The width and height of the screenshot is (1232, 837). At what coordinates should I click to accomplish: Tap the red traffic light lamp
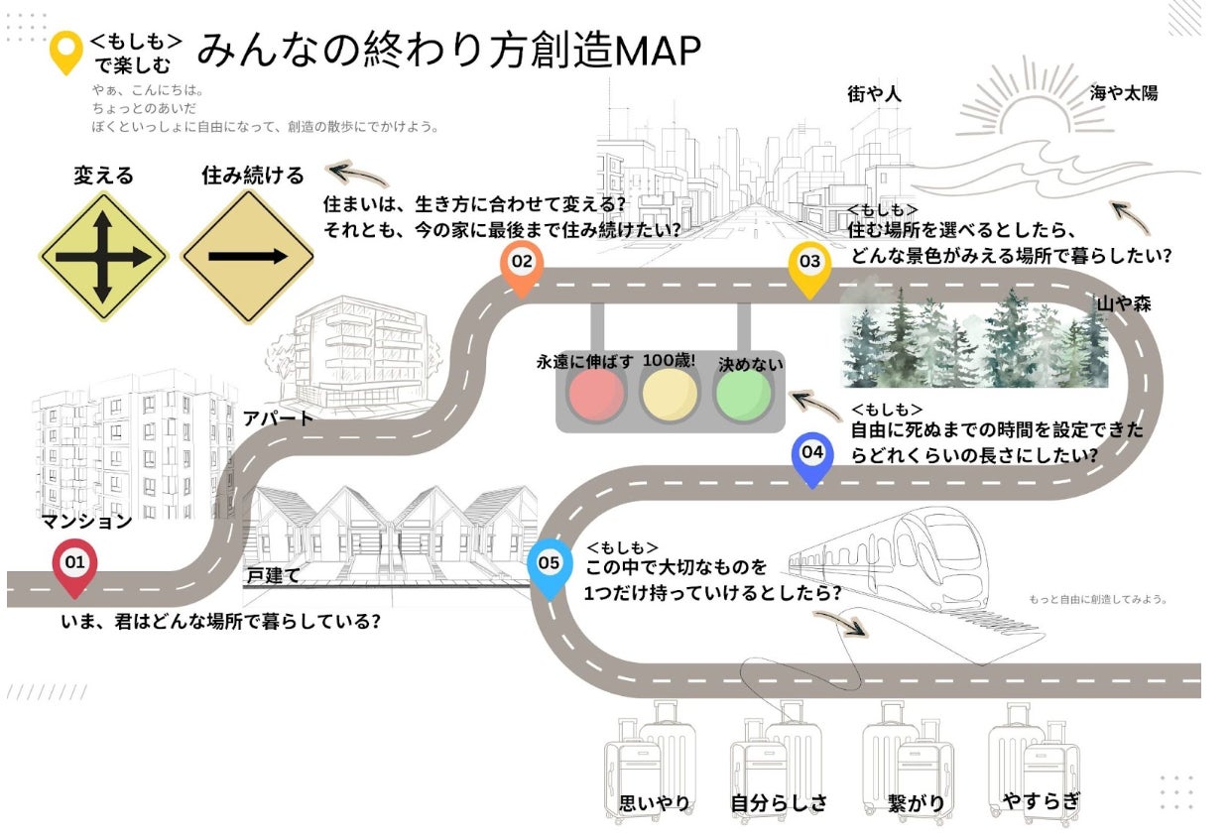pos(595,394)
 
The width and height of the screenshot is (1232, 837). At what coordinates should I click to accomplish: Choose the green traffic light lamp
pos(743,394)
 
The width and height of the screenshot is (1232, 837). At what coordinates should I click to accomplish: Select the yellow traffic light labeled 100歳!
pos(670,394)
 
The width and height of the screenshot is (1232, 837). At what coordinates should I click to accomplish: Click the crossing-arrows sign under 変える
pos(103,257)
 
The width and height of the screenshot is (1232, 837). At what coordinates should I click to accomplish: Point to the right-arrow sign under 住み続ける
pos(247,257)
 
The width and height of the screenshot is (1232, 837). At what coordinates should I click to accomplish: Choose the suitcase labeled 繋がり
pos(904,759)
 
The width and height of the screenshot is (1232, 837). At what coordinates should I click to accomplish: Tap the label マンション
pos(86,522)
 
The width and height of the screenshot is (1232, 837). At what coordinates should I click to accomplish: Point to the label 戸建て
pos(273,575)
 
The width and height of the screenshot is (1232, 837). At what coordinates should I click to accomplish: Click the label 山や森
pos(1123,303)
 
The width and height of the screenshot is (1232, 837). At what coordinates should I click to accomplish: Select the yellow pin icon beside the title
pos(66,50)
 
